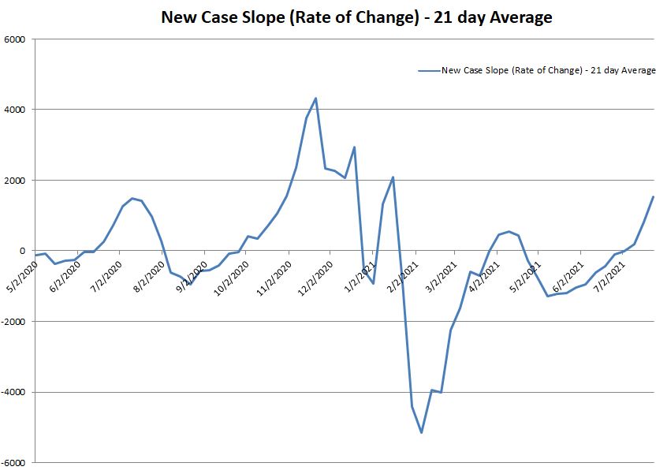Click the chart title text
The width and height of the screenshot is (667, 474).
tap(356, 17)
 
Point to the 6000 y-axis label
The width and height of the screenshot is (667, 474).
tap(15, 39)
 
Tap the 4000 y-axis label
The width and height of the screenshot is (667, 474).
tap(15, 110)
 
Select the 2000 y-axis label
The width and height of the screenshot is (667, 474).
tap(15, 181)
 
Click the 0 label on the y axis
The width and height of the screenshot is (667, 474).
tap(23, 251)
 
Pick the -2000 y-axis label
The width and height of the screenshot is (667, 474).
tap(13, 322)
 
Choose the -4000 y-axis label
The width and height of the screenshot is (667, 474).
tap(13, 392)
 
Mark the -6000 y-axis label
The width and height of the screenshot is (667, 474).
tap(13, 463)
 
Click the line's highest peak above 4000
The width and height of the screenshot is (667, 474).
tap(315, 99)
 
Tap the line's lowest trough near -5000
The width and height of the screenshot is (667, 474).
tap(422, 432)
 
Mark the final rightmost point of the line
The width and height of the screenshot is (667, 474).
tap(653, 197)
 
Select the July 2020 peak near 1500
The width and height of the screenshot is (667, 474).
tap(132, 198)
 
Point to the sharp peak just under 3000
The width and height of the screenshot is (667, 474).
tap(354, 147)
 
